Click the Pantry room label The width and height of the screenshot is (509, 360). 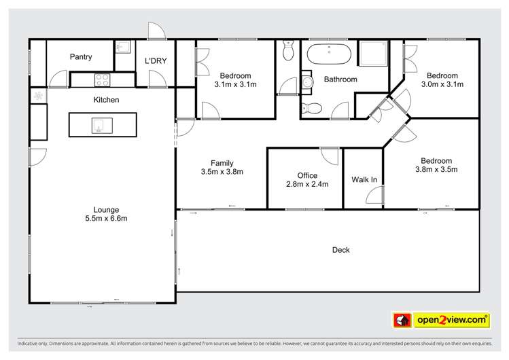(x=81, y=57)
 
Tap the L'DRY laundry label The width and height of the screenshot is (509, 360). (x=156, y=61)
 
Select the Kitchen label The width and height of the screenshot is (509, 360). (x=106, y=100)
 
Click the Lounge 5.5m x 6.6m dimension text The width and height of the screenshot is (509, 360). (x=106, y=218)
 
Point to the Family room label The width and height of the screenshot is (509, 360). (x=222, y=163)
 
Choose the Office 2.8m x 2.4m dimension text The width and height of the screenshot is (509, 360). (x=307, y=184)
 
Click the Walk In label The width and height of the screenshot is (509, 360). (x=364, y=180)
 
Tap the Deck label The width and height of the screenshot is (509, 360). (x=341, y=250)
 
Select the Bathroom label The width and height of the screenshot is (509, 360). (x=340, y=79)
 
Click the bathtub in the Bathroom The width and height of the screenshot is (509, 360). (x=329, y=54)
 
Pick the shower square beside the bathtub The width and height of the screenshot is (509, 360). (x=373, y=54)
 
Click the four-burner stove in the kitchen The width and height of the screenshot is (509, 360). (x=102, y=80)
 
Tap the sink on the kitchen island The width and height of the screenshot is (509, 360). (x=102, y=126)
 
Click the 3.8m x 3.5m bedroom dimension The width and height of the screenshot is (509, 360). (x=436, y=169)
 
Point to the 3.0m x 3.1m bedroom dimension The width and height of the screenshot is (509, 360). (x=442, y=84)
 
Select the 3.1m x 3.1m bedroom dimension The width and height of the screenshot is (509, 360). (x=235, y=85)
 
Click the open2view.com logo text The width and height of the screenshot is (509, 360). (x=452, y=320)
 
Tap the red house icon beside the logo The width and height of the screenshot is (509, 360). (x=402, y=321)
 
